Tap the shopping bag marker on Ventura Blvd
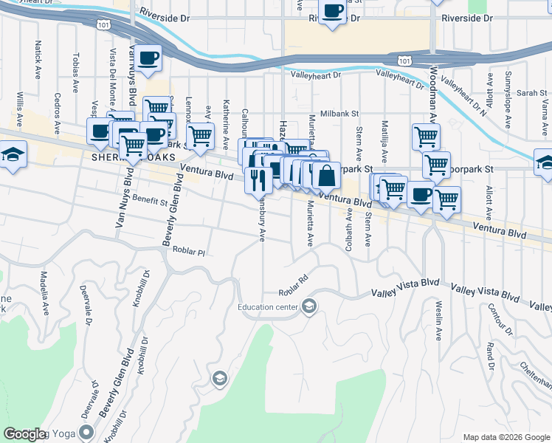325,176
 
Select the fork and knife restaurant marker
258,180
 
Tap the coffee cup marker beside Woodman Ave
421,195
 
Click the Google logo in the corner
24,434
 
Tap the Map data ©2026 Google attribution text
506,437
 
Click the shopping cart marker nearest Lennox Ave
200,136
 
